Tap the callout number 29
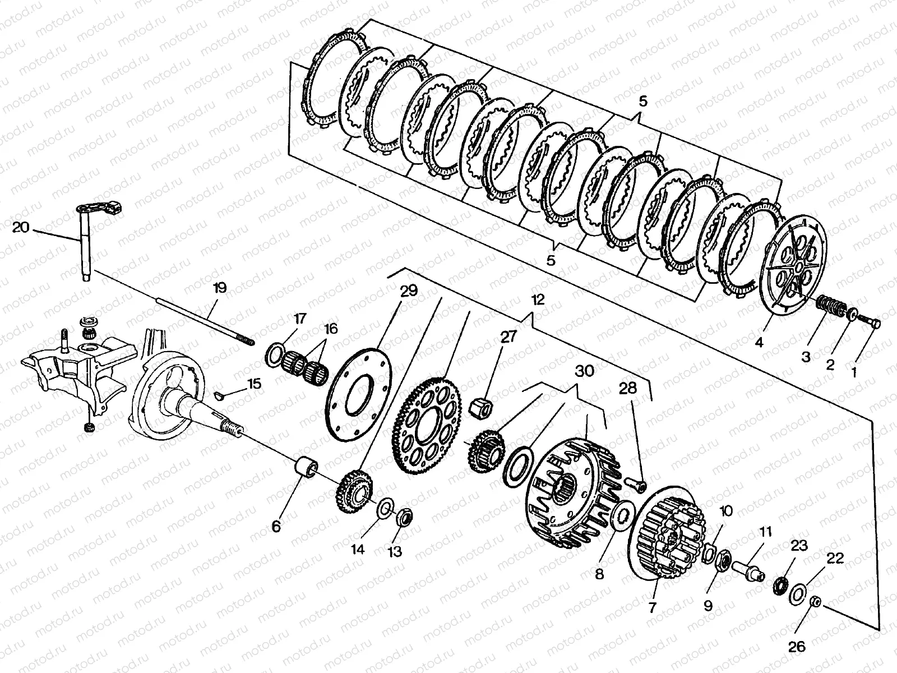pyautogui.click(x=409, y=291)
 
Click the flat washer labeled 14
pyautogui.click(x=385, y=509)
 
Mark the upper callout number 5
pyautogui.click(x=642, y=102)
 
